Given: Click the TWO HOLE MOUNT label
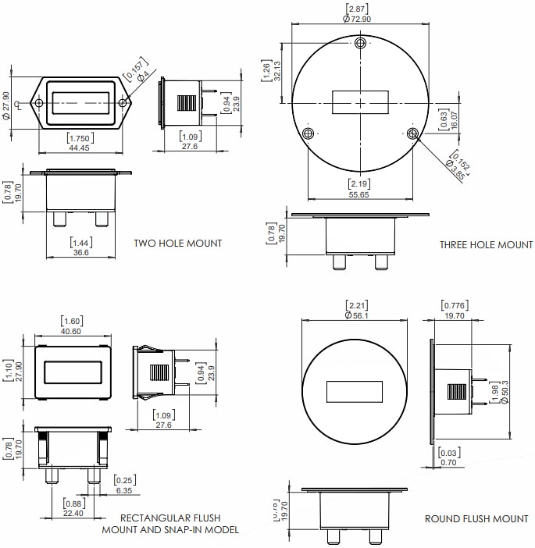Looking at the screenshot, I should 177,244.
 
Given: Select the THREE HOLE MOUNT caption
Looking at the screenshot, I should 486,244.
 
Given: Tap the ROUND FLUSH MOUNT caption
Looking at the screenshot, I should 476,518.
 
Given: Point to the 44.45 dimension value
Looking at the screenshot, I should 79,148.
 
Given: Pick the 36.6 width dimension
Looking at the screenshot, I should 80,252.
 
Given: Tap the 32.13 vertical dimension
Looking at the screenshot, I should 276,71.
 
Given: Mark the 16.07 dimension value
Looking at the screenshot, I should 454,119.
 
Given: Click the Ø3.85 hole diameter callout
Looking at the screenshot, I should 455,169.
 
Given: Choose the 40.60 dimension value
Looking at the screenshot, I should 73,331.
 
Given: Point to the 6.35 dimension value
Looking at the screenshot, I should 124,491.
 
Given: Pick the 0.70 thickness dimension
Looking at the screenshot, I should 448,462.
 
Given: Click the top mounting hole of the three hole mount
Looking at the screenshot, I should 360,42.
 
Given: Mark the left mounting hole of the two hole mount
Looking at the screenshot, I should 37,102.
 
